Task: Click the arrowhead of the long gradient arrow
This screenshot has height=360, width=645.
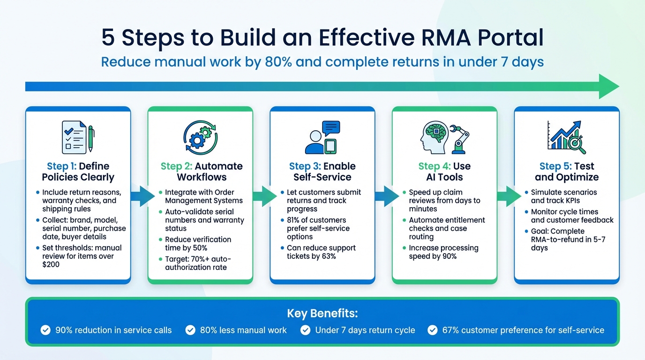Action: pos(608,86)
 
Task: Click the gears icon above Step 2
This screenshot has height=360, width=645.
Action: pos(200,137)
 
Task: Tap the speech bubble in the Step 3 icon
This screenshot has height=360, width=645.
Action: pos(331,128)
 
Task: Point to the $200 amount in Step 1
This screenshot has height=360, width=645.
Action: pos(51,265)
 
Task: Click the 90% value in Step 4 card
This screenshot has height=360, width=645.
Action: pos(448,256)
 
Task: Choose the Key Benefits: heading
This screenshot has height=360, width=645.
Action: pos(322,313)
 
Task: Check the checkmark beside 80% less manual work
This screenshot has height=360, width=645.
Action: pos(190,330)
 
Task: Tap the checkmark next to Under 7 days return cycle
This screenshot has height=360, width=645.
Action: pos(305,330)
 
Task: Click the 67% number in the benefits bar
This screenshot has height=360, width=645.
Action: pos(450,330)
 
